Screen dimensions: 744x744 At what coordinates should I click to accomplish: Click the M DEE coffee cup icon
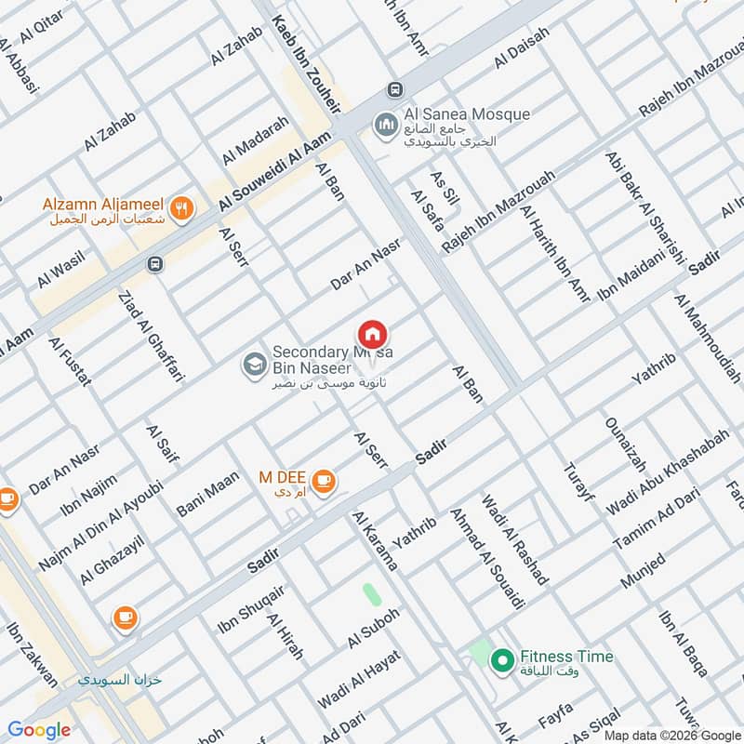tap(323, 480)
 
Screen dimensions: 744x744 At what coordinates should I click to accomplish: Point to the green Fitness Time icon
tap(502, 661)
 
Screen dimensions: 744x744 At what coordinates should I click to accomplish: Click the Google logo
tap(39, 730)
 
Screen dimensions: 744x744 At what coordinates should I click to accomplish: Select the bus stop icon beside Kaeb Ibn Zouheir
tap(395, 89)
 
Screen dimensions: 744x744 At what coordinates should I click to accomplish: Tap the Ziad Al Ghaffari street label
tap(152, 337)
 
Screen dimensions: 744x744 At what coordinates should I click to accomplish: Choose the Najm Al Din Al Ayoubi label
tap(101, 525)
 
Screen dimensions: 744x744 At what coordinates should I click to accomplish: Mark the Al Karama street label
tap(375, 540)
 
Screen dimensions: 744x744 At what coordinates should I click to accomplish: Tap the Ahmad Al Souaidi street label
tap(486, 558)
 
